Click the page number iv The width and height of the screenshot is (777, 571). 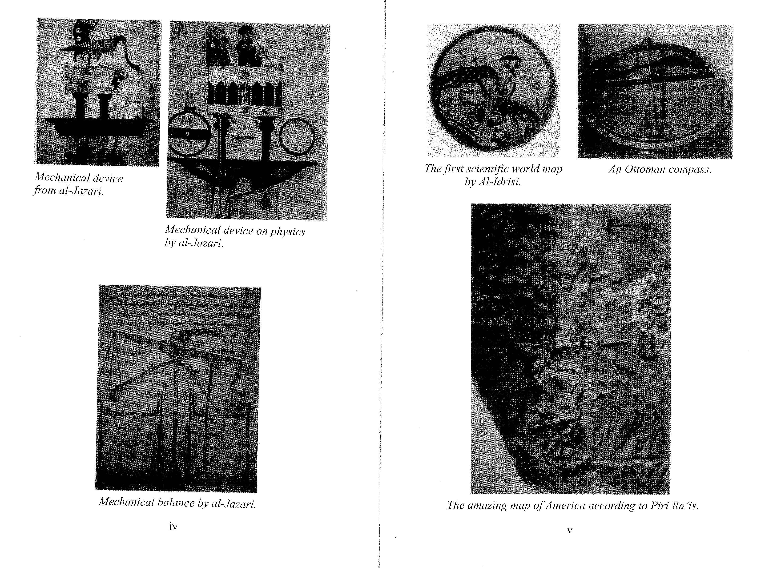(x=173, y=527)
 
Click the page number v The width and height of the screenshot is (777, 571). (x=570, y=531)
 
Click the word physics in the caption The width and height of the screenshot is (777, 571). (x=287, y=232)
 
